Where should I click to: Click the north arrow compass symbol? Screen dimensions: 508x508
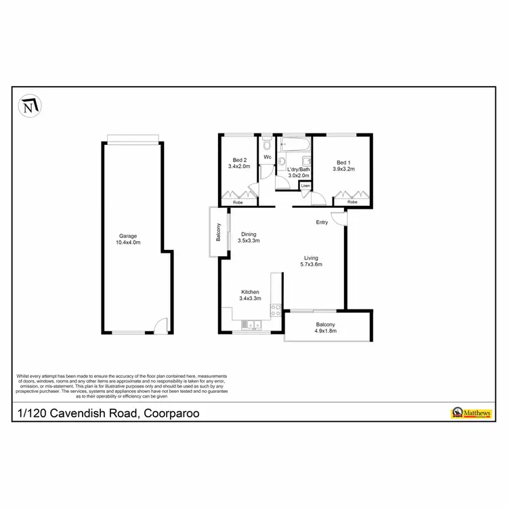28,106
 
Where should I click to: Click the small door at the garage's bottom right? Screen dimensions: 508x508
158,326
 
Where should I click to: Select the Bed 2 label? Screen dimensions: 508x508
239,160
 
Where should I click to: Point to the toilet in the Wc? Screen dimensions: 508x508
268,145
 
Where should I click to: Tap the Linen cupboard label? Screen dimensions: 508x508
305,185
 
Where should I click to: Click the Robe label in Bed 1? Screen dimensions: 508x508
352,202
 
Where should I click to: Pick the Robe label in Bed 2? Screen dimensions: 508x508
238,203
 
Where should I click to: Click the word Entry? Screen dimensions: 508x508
322,222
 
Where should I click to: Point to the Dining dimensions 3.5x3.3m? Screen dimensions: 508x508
249,240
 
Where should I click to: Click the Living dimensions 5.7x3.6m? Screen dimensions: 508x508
311,264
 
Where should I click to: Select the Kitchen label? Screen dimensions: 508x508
249,292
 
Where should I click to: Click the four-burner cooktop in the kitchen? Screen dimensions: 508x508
276,310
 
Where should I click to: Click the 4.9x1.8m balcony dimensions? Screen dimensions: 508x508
326,332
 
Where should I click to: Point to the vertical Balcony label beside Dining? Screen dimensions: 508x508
219,232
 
